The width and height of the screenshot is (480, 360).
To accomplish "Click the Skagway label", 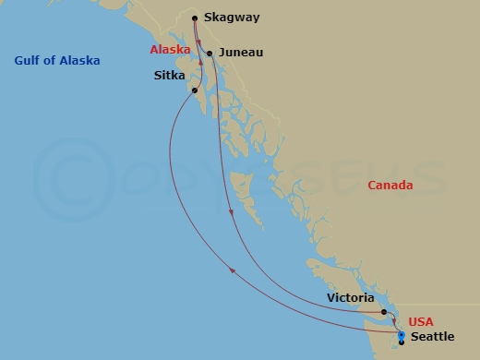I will point(233,18).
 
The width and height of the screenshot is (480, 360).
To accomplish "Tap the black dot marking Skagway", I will point(195,18).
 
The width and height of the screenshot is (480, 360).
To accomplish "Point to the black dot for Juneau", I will point(210,54).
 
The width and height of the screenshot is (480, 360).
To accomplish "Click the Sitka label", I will point(169,76).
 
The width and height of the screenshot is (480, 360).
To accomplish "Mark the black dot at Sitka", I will point(193,90).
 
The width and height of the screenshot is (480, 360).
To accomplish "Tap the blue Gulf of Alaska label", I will point(57,61).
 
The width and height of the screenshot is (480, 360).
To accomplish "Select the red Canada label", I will point(390,186).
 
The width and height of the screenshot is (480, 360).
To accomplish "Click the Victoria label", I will point(351,298).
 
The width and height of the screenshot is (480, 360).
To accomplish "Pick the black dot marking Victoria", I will point(383,312).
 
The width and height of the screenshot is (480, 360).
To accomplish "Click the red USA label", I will point(421,321).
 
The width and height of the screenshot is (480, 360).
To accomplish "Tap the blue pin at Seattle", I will point(401,335).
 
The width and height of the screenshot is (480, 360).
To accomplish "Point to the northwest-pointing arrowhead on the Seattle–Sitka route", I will point(232,269).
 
